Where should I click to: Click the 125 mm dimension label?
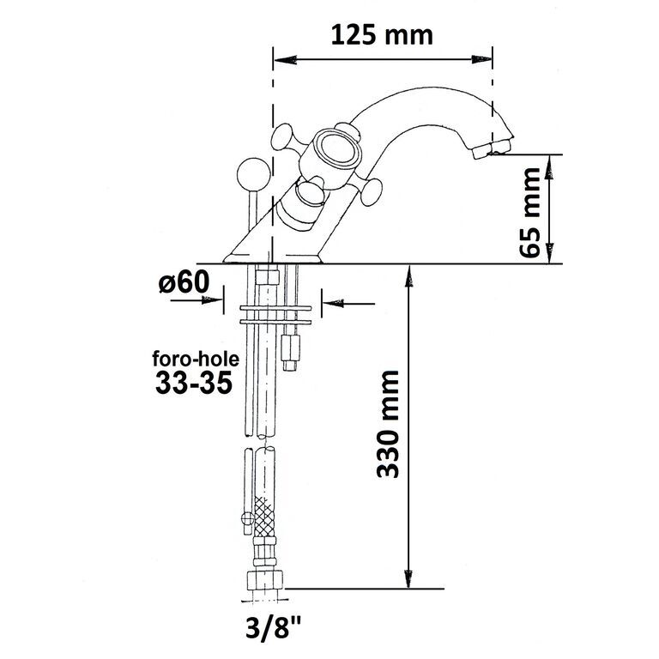tap(382, 35)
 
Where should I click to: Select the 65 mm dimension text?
tap(529, 212)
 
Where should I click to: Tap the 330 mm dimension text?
tap(388, 424)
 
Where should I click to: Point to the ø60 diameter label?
tap(184, 281)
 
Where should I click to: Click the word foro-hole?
tap(196, 360)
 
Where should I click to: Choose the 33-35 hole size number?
tap(194, 383)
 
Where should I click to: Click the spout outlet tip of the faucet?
tap(492, 149)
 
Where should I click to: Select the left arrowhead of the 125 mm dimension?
tap(285, 60)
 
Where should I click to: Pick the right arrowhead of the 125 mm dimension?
tap(481, 60)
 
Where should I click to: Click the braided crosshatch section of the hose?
tap(264, 516)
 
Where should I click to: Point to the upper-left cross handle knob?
tap(282, 136)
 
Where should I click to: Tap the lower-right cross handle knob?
tap(372, 191)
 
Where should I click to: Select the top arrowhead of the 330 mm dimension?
tap(408, 275)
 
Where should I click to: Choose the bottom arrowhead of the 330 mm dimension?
tap(408, 577)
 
